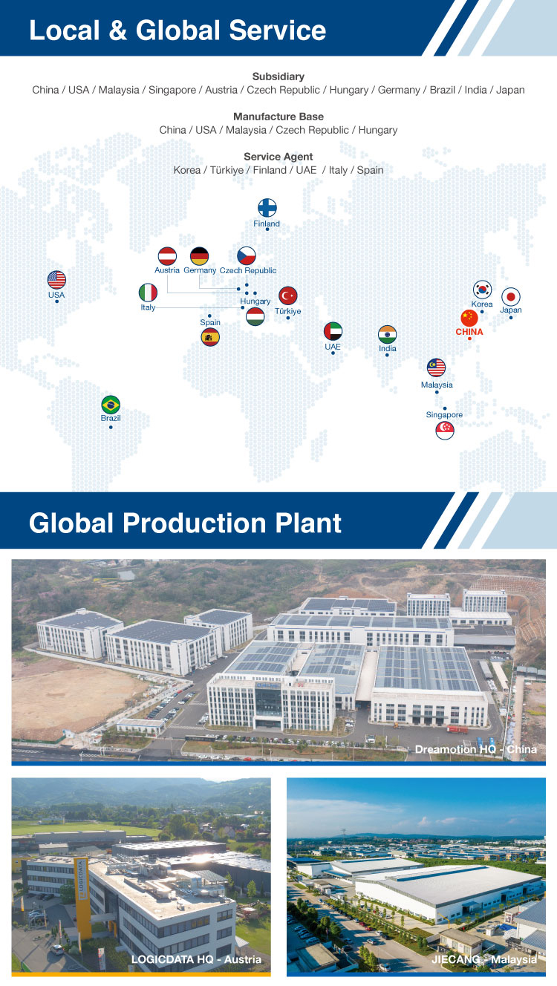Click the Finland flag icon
click(267, 208)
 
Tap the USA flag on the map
click(56, 280)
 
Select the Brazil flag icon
click(111, 405)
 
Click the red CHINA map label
click(469, 332)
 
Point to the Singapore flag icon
click(445, 430)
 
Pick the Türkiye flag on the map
click(288, 296)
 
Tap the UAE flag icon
click(333, 331)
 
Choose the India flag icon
click(388, 335)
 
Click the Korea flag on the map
click(482, 290)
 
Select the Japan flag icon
click(511, 297)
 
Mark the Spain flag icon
click(210, 337)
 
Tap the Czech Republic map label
click(248, 270)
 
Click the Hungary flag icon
click(255, 316)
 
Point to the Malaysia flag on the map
click(437, 368)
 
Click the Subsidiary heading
click(278, 76)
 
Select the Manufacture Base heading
click(278, 117)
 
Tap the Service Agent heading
click(278, 157)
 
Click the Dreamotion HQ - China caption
click(475, 749)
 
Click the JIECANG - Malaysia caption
click(484, 959)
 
